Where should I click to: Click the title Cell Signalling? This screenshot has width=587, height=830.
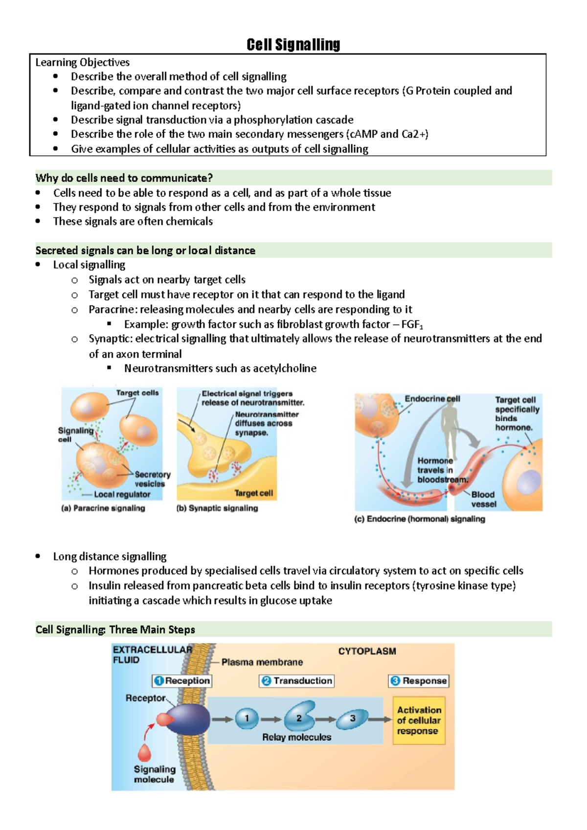click(x=293, y=44)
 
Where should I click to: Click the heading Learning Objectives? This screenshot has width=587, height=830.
click(x=82, y=62)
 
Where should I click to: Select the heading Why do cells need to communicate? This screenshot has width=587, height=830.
click(x=124, y=178)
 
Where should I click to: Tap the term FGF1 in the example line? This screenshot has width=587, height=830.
click(x=412, y=325)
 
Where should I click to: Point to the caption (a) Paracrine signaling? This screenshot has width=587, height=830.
click(x=103, y=508)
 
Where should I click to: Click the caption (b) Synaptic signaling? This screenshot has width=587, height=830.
click(x=217, y=508)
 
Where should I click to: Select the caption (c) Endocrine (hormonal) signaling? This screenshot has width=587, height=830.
click(x=420, y=519)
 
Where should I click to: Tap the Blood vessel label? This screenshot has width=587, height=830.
click(x=483, y=499)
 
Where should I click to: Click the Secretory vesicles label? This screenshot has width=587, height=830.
click(x=152, y=479)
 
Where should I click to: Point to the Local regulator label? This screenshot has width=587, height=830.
click(x=122, y=495)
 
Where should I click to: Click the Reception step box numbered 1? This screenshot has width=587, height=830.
click(x=182, y=680)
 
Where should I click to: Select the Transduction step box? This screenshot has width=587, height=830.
click(x=297, y=680)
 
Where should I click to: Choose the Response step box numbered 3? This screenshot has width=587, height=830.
click(x=419, y=680)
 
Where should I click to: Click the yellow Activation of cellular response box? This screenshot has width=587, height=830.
click(x=419, y=721)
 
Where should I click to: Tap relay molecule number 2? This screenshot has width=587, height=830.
click(x=299, y=717)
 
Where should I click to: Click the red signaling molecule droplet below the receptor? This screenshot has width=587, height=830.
click(x=145, y=752)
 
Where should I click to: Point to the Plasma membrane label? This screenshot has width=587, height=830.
click(x=262, y=662)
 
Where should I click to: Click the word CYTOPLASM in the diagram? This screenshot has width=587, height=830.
click(x=367, y=651)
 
